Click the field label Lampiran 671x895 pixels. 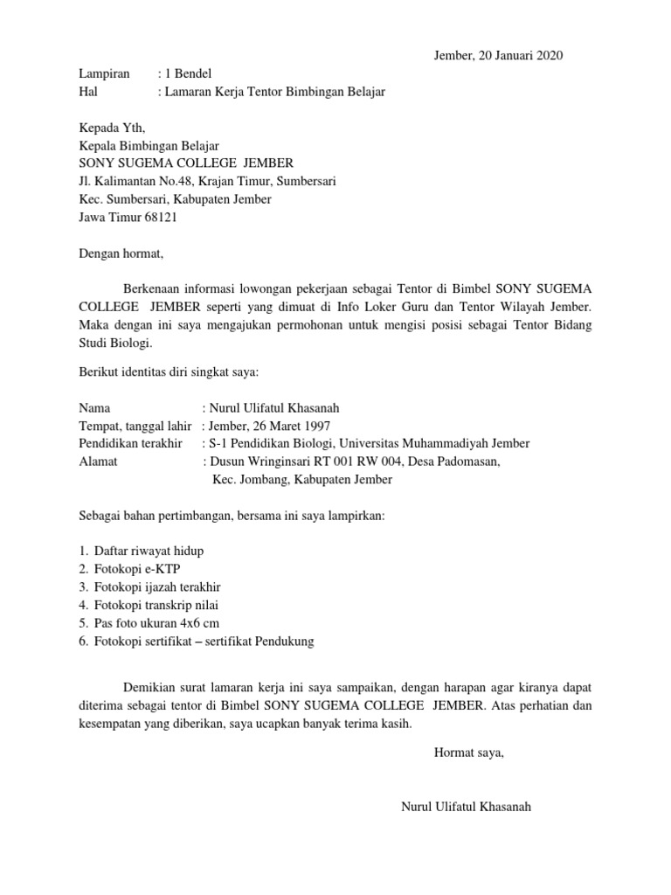[x=104, y=73]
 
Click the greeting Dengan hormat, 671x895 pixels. [x=121, y=253]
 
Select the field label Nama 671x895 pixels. [x=95, y=408]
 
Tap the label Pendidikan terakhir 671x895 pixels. [x=130, y=444]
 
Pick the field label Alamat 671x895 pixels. [x=99, y=461]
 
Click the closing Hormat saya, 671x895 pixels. [x=469, y=751]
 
